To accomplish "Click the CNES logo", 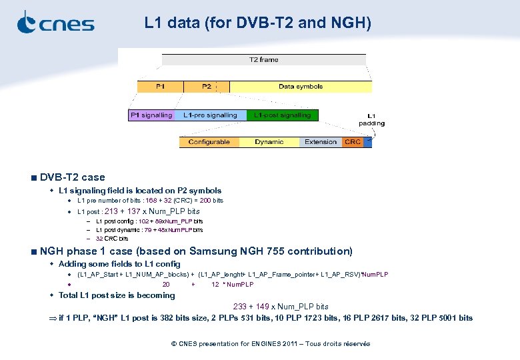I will coord(55,23).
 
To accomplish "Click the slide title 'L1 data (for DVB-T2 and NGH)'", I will coord(257,23).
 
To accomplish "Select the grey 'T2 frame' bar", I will coord(263,60).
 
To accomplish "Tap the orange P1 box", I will coord(160,87).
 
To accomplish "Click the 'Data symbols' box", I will coord(301,87).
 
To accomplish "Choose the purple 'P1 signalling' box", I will coord(151,115).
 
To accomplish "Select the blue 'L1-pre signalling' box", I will coord(210,115).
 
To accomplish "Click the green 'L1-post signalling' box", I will coord(282,115).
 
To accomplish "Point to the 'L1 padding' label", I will coord(371,119).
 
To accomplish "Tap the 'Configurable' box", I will coord(209,142).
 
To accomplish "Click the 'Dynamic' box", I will coord(269,142).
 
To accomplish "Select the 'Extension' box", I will coord(321,142).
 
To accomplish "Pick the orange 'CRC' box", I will coord(353,142).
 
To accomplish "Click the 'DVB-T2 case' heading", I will coord(72,177).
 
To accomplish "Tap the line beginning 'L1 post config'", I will coord(149,221).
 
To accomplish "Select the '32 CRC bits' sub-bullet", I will coord(111,238).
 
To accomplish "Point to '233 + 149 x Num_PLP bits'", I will coord(281,307).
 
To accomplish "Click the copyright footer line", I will coord(270,344).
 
